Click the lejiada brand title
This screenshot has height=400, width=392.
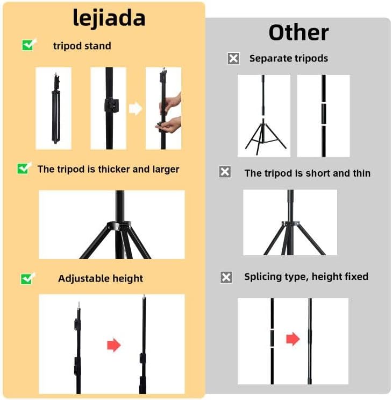coord(109,18)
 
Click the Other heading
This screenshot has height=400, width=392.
coord(298,33)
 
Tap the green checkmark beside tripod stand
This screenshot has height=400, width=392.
coord(29,45)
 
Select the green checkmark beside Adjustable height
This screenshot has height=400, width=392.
coord(27,278)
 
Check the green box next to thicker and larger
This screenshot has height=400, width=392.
coord(24,169)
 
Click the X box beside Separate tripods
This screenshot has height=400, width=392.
coord(233,59)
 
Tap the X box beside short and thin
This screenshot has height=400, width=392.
coord(225,172)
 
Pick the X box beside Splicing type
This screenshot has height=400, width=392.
coord(226,277)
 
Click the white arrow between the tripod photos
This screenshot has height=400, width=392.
coord(136,108)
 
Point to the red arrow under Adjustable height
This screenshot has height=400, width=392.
coord(113,345)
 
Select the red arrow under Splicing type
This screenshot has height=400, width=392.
coord(293,339)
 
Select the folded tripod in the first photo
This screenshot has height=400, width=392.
coord(56,108)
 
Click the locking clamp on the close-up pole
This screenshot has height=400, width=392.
coord(112,105)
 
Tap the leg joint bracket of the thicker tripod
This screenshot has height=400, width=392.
coord(119,226)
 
